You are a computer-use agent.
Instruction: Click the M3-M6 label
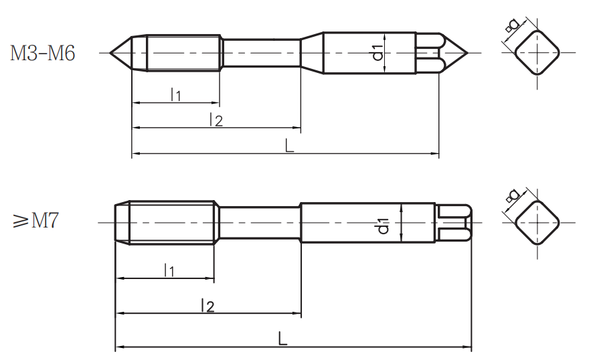point(42,53)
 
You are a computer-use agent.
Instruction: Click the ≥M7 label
point(35,220)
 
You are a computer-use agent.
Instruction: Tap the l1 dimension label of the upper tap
point(175,94)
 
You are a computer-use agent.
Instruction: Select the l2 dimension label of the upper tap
point(216,120)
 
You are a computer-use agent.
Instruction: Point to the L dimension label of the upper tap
point(289,145)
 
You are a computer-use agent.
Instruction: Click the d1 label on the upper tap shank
point(378,52)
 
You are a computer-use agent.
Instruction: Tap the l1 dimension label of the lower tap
point(169,270)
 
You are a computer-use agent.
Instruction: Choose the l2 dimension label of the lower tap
point(207,305)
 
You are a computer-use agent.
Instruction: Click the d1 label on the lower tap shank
point(384,226)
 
